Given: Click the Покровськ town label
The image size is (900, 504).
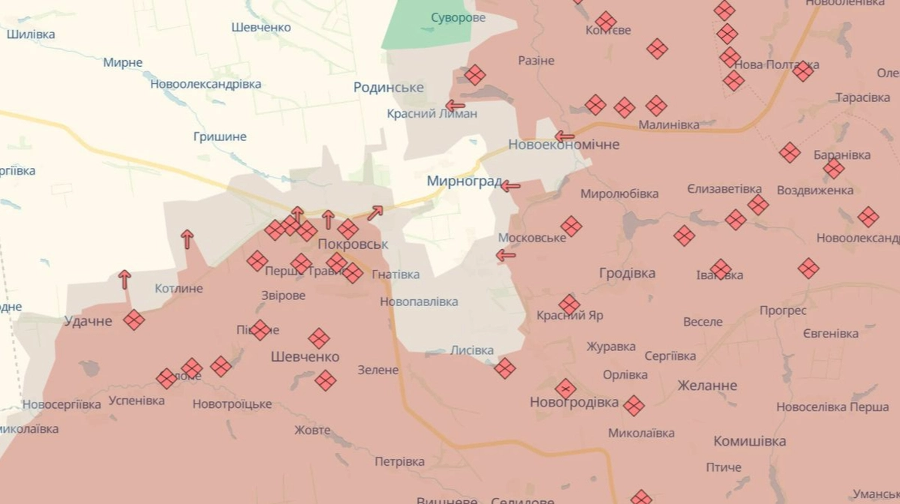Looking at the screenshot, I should [352, 244].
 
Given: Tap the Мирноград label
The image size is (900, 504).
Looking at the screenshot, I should [463, 181].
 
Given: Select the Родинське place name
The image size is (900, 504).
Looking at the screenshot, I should [388, 88].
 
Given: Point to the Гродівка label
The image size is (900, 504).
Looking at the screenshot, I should [627, 273].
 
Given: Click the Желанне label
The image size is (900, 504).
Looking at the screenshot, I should [706, 385].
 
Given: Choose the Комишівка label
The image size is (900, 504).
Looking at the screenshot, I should [749, 441].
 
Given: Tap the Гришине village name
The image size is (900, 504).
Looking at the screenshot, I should [220, 136].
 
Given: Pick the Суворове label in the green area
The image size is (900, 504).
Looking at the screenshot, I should [458, 17].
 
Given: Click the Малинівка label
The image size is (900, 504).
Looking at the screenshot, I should [669, 124].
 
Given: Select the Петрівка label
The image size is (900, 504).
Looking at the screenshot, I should [400, 461].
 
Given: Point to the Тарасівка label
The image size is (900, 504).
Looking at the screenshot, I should [863, 98].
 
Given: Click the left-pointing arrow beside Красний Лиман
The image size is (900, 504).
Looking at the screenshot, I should [454, 106].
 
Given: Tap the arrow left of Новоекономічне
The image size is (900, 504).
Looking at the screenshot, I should [564, 136].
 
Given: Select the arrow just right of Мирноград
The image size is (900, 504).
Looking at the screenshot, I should [510, 186].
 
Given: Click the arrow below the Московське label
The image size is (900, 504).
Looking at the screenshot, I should [505, 256].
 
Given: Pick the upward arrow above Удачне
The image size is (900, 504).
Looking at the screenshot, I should [124, 280].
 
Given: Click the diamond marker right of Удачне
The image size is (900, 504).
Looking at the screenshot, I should [134, 320].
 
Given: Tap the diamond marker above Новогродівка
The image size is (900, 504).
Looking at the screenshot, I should [565, 388].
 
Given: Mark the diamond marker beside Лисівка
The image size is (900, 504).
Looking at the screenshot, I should [505, 367].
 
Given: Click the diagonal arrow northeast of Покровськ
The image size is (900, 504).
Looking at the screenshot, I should [375, 213].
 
